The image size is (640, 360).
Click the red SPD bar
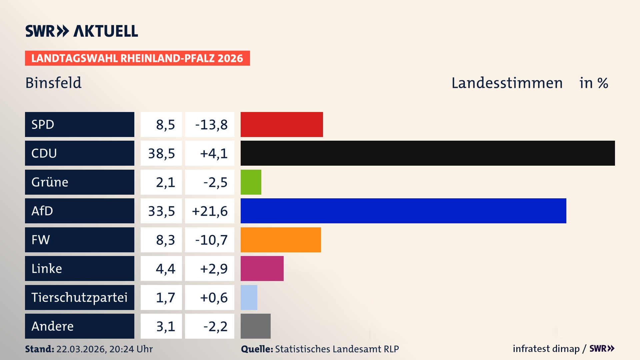(282, 124)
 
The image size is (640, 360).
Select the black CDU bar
(428, 153)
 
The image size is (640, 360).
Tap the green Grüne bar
(251, 182)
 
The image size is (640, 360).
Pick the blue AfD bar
(403, 211)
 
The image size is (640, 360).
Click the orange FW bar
(281, 240)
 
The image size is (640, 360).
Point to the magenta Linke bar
(262, 268)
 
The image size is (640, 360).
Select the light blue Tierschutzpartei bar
(249, 297)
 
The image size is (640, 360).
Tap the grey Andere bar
(256, 326)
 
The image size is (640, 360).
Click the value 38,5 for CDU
(161, 153)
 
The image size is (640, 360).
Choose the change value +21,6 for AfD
(210, 211)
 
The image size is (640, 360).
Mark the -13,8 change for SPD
(211, 125)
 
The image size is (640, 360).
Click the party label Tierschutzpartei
(79, 297)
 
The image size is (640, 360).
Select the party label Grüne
(50, 182)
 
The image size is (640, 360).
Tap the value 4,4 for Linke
(165, 269)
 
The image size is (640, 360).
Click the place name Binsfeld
(53, 83)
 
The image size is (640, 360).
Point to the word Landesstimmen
(507, 83)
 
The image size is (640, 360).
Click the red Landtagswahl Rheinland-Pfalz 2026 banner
(137, 58)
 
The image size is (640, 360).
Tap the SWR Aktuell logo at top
(82, 31)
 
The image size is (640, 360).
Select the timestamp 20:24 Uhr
(131, 349)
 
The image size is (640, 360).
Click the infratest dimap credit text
(546, 349)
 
